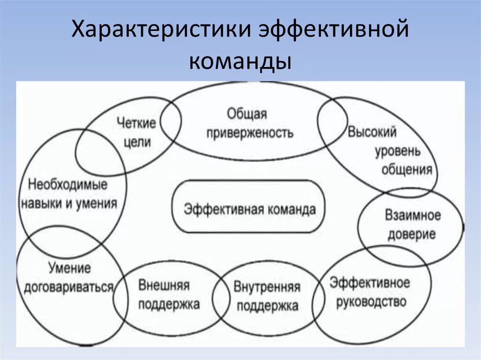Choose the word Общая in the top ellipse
pyautogui.click(x=247, y=113)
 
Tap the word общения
pyautogui.click(x=407, y=169)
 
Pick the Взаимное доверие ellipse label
pyautogui.click(x=412, y=224)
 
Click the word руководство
pyautogui.click(x=371, y=302)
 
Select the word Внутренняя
pyautogui.click(x=267, y=287)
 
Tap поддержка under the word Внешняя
pyautogui.click(x=169, y=304)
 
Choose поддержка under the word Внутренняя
pyautogui.click(x=267, y=306)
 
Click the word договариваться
pyautogui.click(x=69, y=287)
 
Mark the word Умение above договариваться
pyautogui.click(x=69, y=268)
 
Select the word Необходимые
pyautogui.click(x=68, y=184)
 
